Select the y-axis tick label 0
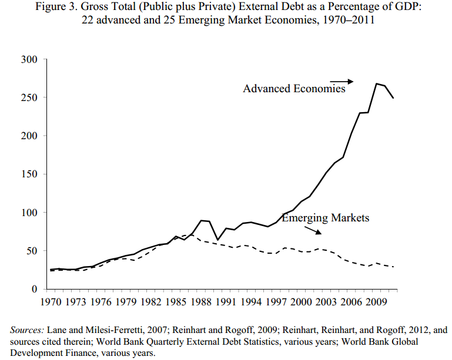coord(35,290)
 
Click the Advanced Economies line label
coord(294,89)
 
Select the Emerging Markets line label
coord(326,218)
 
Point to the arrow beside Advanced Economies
coord(341,81)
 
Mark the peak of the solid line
coord(376,84)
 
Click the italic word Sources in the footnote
coord(26,330)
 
